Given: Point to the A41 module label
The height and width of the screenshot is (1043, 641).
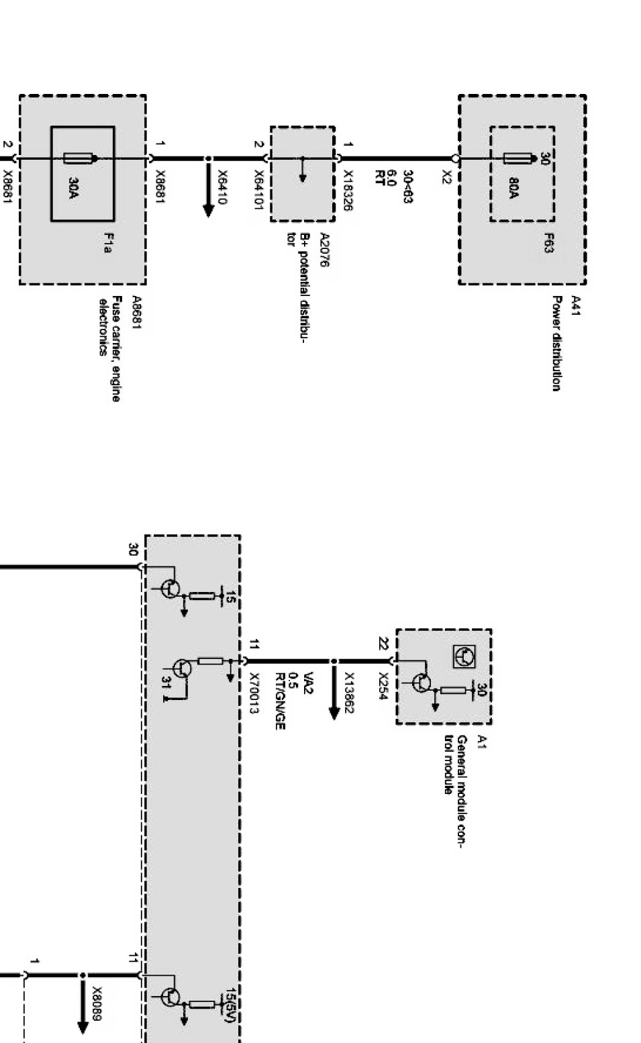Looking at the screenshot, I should click(576, 304).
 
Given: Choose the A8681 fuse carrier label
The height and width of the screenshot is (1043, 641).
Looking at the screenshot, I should click(136, 312).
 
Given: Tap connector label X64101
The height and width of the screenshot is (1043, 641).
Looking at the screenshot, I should click(258, 189).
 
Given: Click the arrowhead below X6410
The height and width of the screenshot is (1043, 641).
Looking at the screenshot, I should click(208, 211).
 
